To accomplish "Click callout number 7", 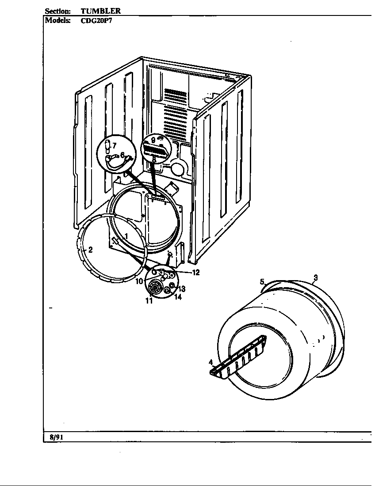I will (x=114, y=145).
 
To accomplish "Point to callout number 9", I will (x=153, y=140).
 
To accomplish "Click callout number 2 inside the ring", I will (x=90, y=250).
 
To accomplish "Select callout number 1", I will (x=126, y=236).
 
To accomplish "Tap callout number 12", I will (x=196, y=272).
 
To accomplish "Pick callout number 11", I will (x=149, y=301).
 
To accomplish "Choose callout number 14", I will (x=177, y=297).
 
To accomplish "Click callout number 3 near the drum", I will (x=315, y=277).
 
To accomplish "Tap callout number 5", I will (x=262, y=281).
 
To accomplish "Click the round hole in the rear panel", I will (x=178, y=170).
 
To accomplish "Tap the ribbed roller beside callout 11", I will (x=155, y=288).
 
